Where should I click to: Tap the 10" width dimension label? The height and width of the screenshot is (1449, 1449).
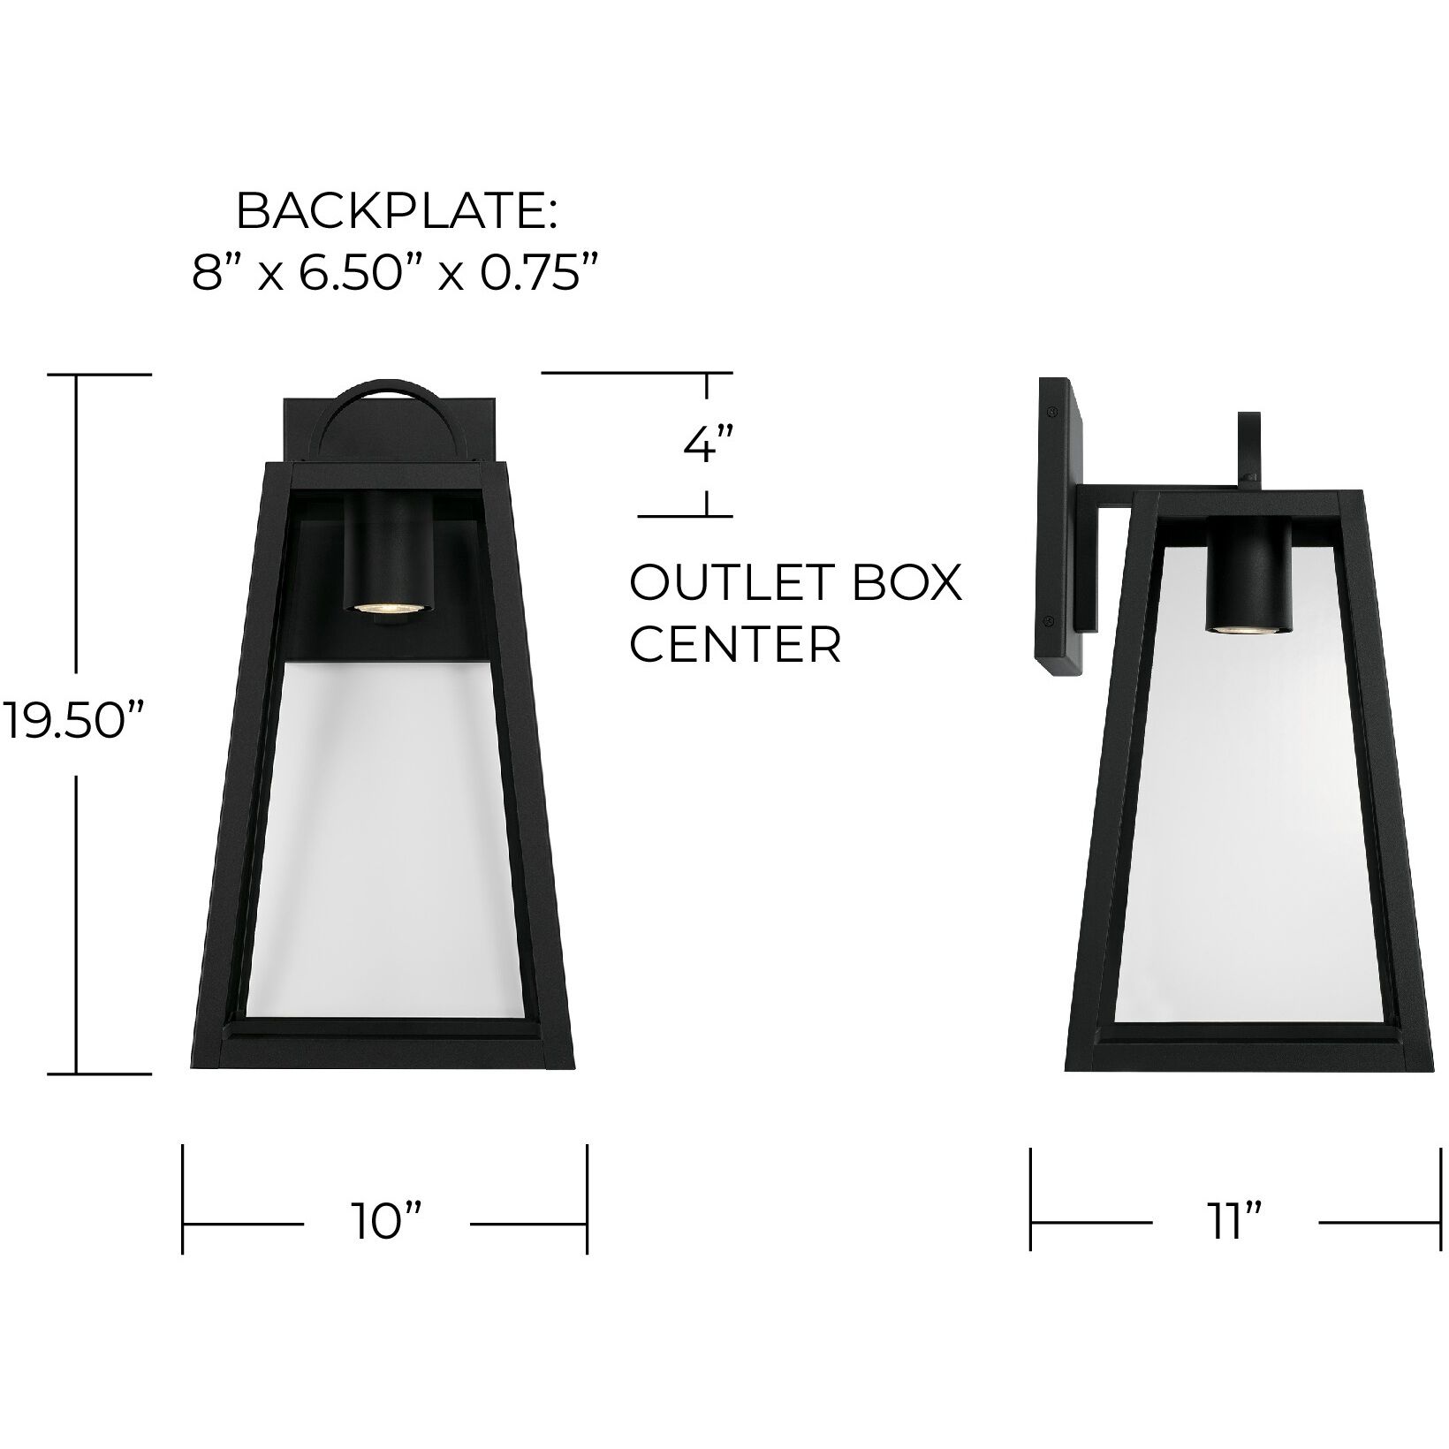tap(386, 1224)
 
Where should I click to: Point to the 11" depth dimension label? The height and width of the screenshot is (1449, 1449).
tap(1234, 1224)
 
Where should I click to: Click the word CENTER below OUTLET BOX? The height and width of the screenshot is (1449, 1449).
tap(735, 645)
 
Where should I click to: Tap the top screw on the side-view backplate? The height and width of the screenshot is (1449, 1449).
tap(1051, 411)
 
